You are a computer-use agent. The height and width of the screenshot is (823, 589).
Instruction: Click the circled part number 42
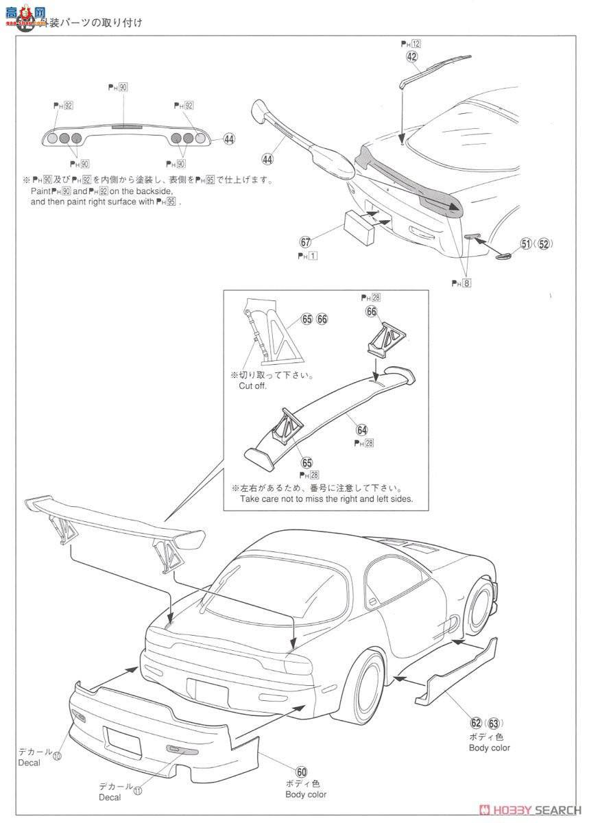coord(411,57)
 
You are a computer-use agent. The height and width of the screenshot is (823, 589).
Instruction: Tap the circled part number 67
coord(306,242)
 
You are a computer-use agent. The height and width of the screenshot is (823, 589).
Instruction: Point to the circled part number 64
coord(361,429)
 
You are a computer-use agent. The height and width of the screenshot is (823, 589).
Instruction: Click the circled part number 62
coord(476,723)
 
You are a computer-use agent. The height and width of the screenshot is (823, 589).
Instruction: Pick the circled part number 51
coord(526,243)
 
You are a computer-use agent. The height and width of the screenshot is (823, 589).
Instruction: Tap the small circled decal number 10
coord(57,756)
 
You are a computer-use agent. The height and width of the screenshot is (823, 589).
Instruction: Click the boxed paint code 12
coord(416,43)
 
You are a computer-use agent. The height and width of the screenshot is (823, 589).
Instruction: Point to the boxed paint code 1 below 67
coord(311,256)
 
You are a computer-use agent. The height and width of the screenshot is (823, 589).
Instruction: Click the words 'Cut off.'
coord(252,386)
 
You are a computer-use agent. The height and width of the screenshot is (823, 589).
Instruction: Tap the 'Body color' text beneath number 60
coord(306,795)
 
